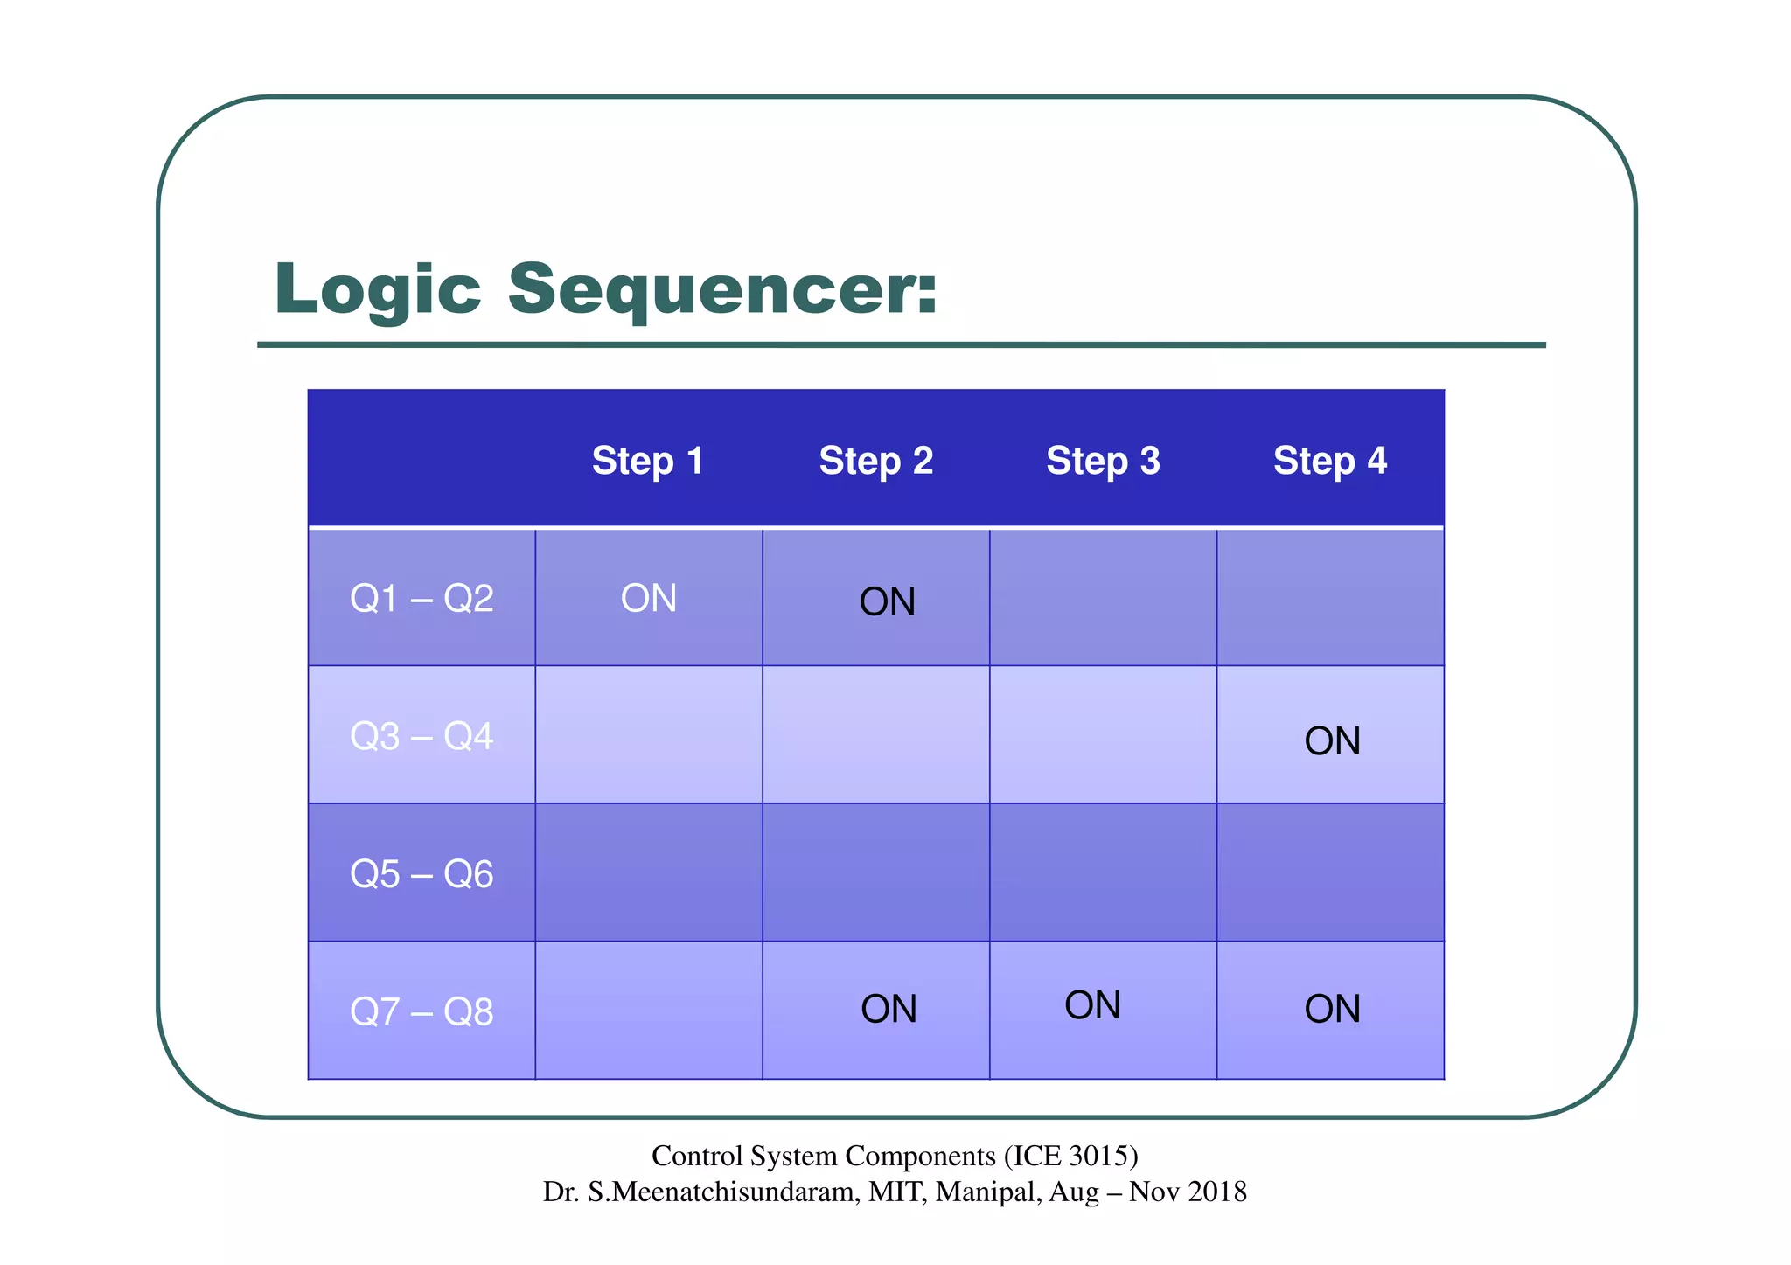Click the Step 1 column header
648,461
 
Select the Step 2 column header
875,461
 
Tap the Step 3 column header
1103,461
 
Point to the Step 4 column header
1329,461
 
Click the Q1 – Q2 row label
422,599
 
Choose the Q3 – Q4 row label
422,736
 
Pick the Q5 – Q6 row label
422,874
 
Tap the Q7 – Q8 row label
422,1011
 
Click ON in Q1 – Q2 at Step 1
649,599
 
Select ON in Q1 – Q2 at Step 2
887,602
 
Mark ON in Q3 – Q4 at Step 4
1332,741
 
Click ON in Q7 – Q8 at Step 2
889,1009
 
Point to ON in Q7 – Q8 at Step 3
1092,1005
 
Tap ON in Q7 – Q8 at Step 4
1332,1009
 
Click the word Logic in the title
377,290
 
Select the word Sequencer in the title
721,290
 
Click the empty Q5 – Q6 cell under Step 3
1103,872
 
